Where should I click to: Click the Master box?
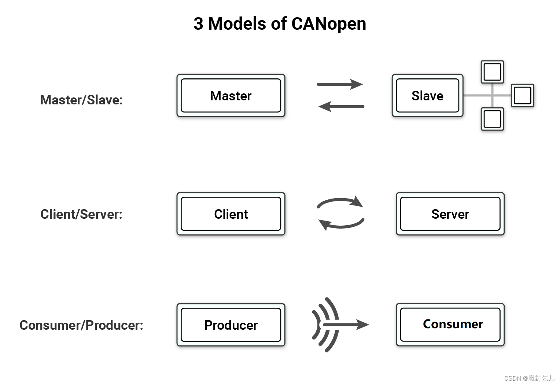tap(231, 96)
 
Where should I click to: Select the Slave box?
tap(427, 96)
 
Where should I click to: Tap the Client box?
tap(231, 214)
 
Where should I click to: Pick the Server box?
tap(450, 214)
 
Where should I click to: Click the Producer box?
tap(231, 325)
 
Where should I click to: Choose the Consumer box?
tap(450, 325)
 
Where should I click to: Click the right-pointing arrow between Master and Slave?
tap(340, 84)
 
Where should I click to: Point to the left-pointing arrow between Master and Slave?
tap(341, 107)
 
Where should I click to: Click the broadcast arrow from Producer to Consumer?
tap(341, 325)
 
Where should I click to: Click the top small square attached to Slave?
tap(492, 72)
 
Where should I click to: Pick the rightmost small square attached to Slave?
tap(522, 96)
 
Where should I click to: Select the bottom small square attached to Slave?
tap(492, 119)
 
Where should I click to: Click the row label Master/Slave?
tap(81, 100)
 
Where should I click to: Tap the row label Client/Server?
tap(81, 214)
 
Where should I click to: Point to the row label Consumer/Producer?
tap(81, 325)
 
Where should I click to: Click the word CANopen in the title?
tap(329, 24)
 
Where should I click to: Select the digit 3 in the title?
tap(198, 24)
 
